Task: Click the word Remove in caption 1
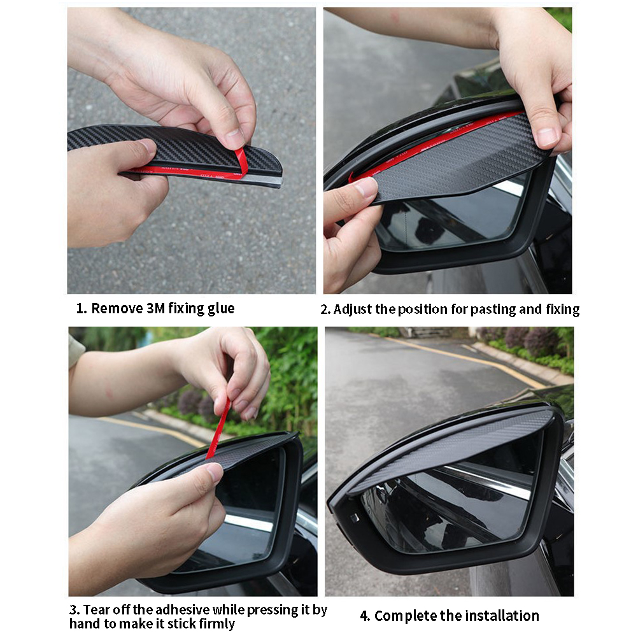tap(117, 308)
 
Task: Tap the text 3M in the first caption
tap(155, 308)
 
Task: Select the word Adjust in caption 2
tap(352, 309)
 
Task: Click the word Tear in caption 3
tap(97, 609)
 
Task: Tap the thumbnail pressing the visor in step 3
tap(215, 472)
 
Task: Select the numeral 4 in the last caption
tap(364, 616)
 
